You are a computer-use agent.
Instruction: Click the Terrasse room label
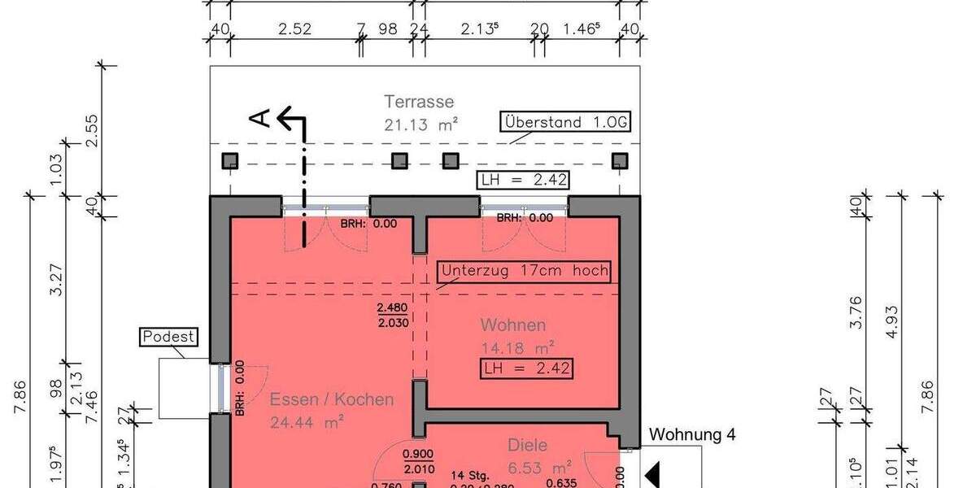pos(419,102)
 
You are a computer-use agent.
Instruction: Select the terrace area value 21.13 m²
pos(420,124)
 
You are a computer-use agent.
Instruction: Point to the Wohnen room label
pos(512,325)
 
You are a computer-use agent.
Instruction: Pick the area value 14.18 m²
pos(517,347)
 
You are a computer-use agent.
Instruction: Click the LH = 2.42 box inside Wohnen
pos(525,368)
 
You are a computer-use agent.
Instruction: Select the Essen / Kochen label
pos(332,399)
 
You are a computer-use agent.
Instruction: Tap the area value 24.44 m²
pos(307,421)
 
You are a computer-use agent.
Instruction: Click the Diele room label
pos(527,445)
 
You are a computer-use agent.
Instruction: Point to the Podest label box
pos(170,337)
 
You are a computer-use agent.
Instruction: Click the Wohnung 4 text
pos(692,435)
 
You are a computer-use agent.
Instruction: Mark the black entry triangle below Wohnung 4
pos(652,473)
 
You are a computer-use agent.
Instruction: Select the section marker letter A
pos(259,119)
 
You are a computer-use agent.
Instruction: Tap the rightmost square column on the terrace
pos(620,160)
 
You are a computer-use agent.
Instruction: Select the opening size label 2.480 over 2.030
pos(393,315)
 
